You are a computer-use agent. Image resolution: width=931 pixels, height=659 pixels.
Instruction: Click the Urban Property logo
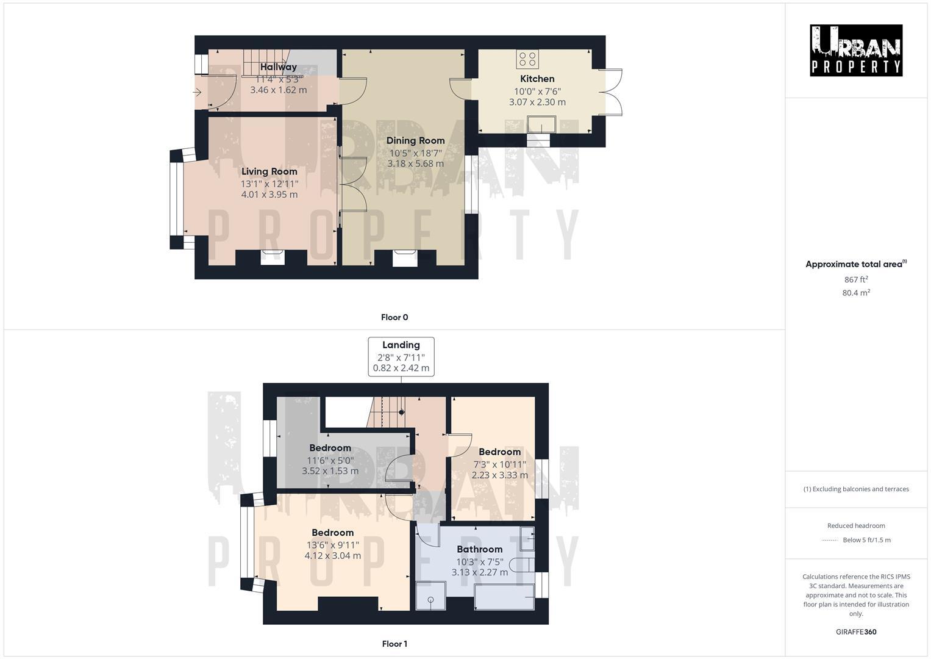pos(856,50)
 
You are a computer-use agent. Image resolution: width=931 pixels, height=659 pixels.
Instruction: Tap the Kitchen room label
pos(537,79)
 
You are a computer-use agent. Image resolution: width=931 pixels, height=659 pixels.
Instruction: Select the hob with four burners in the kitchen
pos(528,59)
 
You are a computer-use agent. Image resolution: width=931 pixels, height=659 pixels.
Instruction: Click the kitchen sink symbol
pos(541,124)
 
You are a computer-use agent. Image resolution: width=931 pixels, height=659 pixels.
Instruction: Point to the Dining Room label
pos(415,140)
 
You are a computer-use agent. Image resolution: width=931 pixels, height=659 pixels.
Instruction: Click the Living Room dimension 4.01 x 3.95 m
pos(269,195)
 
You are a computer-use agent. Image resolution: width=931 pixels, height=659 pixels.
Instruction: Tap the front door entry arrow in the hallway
pos(198,92)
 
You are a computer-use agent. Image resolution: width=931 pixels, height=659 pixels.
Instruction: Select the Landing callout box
pos(401,356)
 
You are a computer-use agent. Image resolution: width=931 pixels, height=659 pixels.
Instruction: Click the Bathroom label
pos(480,549)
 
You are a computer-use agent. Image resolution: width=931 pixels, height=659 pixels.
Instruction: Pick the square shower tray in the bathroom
pos(430,596)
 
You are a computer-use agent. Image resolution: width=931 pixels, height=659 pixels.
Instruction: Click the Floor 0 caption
pos(394,317)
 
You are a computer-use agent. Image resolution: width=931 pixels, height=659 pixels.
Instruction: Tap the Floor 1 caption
pos(394,644)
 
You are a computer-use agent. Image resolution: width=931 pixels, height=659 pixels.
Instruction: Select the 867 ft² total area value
pos(856,279)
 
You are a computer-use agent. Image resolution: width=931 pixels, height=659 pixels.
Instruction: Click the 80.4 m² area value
pos(856,293)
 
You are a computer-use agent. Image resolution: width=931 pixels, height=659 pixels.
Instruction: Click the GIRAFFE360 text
pos(856,632)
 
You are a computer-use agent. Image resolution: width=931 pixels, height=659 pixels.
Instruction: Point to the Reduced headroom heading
pos(856,525)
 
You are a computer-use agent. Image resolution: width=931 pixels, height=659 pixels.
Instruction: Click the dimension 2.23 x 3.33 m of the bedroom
pos(500,475)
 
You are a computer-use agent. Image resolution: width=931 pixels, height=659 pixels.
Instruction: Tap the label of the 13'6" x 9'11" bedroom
pos(332,533)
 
